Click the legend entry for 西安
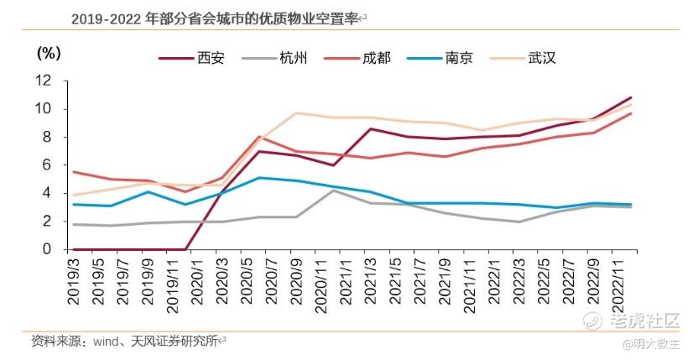pos(205,59)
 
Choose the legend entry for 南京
pos(458,59)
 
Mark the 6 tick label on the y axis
pos(48,165)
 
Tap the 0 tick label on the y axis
pos(48,249)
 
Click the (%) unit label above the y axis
pos(49,53)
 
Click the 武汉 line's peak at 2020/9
pos(297,112)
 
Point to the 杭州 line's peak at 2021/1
pos(334,190)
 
